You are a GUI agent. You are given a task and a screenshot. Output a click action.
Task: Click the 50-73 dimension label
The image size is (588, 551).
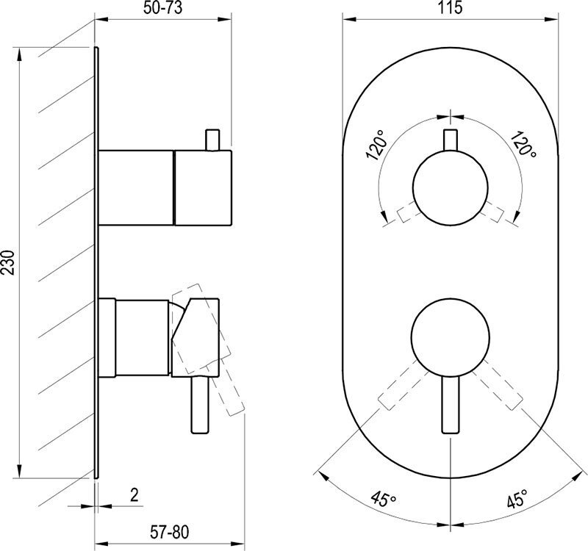click(x=162, y=7)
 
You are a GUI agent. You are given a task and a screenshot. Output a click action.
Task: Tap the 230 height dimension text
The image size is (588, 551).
click(x=8, y=262)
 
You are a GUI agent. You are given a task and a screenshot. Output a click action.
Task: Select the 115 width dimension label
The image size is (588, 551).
click(x=450, y=7)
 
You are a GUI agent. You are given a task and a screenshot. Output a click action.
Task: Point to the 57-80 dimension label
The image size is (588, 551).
click(x=170, y=532)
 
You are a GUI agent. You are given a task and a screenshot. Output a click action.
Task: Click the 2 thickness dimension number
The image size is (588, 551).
click(x=135, y=494)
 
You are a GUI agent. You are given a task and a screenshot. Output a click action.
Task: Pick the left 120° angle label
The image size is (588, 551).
click(x=376, y=145)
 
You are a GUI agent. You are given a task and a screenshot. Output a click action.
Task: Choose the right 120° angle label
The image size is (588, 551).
click(x=523, y=144)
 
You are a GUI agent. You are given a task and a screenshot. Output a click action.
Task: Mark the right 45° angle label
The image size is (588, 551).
click(x=518, y=498)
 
